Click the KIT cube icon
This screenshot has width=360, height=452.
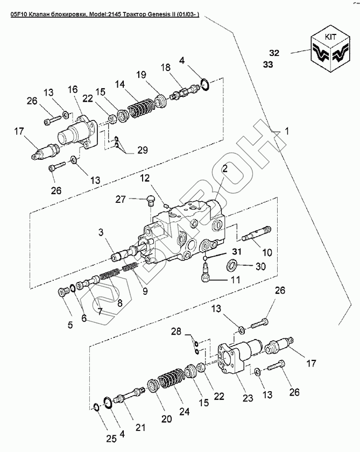tap(330, 52)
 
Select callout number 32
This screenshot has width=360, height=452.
tap(274, 53)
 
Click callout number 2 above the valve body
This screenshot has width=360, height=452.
tap(224, 168)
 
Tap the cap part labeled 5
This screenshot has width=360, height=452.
tap(62, 292)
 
